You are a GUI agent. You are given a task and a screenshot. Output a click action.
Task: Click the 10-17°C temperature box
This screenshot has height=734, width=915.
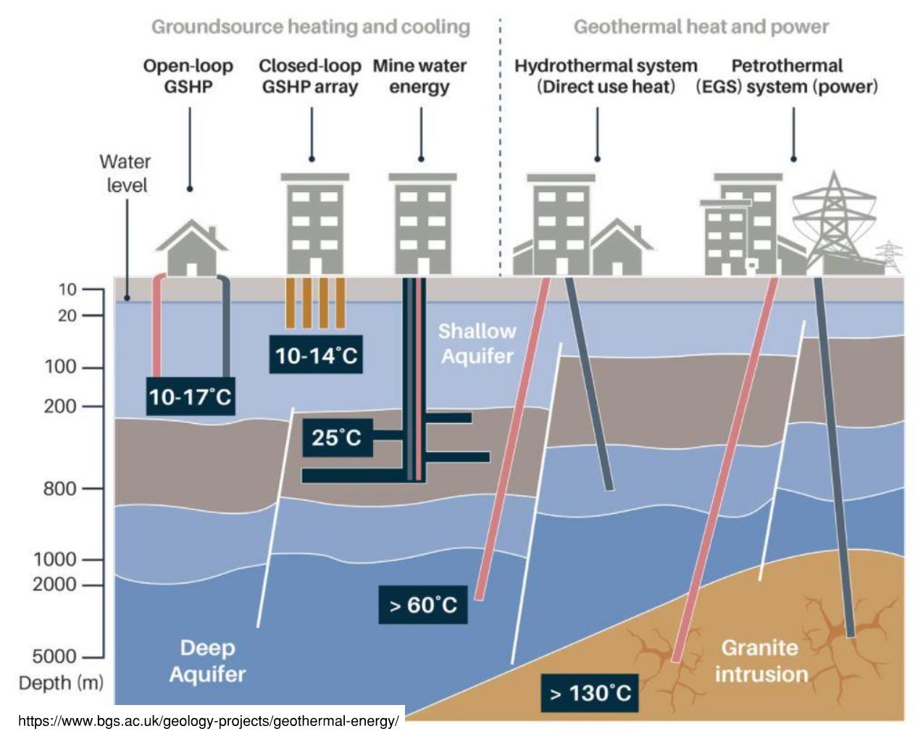(x=190, y=396)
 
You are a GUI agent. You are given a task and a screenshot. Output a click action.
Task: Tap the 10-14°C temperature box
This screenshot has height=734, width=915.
(x=316, y=355)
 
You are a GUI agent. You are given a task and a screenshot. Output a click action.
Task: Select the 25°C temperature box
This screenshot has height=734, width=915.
(x=337, y=438)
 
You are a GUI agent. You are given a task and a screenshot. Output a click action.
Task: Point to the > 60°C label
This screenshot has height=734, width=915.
(x=423, y=604)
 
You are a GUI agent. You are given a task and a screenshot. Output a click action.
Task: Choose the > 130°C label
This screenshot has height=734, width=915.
(x=590, y=693)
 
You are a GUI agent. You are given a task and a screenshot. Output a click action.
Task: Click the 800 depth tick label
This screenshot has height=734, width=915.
(x=59, y=489)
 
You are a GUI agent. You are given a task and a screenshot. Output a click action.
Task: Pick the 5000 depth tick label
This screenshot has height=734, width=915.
(x=54, y=656)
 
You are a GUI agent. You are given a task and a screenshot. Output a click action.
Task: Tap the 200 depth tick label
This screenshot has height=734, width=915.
(x=60, y=406)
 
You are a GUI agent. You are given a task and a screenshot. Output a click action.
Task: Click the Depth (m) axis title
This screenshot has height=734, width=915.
(x=61, y=683)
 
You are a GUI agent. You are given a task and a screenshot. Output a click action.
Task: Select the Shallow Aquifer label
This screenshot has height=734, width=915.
(x=477, y=343)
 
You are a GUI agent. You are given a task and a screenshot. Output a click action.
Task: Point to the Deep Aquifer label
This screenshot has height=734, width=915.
(x=207, y=660)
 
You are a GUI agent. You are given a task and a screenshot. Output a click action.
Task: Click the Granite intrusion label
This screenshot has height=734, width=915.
(x=761, y=660)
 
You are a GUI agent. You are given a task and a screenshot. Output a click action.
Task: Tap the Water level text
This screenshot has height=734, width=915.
(x=125, y=173)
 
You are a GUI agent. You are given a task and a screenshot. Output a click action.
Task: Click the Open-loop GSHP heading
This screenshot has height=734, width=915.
(x=188, y=76)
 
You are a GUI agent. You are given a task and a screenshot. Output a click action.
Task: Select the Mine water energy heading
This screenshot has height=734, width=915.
(x=419, y=76)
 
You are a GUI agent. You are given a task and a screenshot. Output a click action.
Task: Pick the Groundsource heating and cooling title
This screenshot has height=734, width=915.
(x=311, y=28)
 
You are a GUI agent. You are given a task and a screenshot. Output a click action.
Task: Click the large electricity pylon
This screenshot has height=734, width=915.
(x=833, y=221)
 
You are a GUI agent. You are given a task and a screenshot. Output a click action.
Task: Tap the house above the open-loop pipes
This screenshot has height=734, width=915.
(x=192, y=247)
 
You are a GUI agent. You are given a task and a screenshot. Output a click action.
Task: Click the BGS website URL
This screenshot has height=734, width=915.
(x=209, y=721)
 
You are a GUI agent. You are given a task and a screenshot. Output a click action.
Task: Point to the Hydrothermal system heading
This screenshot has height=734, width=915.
(x=606, y=76)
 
